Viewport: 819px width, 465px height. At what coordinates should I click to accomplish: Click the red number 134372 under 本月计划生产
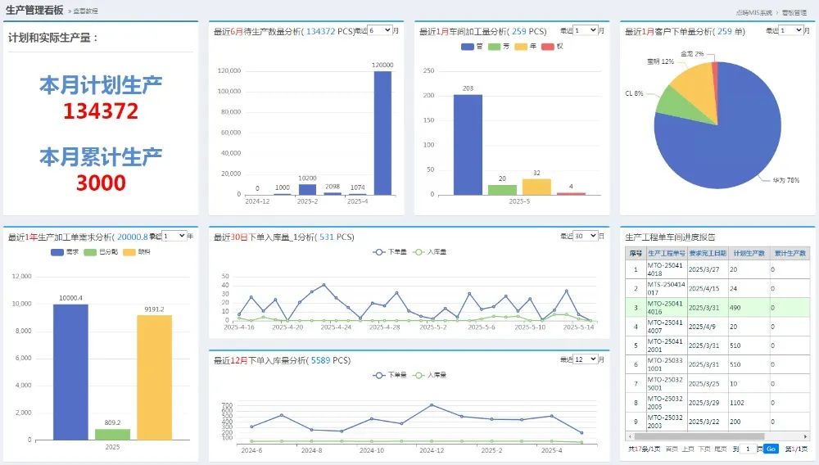[x=101, y=111]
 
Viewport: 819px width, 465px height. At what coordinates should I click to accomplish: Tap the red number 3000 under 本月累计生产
[x=101, y=183]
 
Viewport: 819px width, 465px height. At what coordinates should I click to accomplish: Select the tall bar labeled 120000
[x=382, y=133]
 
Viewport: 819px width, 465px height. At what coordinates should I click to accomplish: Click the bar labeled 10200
[x=307, y=189]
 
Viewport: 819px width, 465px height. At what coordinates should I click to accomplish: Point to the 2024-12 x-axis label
[x=257, y=201]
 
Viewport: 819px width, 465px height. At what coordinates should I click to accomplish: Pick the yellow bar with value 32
[x=536, y=187]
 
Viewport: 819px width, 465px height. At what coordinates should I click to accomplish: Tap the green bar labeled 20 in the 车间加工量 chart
[x=502, y=189]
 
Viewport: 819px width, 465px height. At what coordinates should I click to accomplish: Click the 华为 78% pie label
[x=785, y=179]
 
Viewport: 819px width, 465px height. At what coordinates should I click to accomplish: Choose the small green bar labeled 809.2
[x=112, y=434]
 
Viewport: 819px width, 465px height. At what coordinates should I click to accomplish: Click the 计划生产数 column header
[x=749, y=254]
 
